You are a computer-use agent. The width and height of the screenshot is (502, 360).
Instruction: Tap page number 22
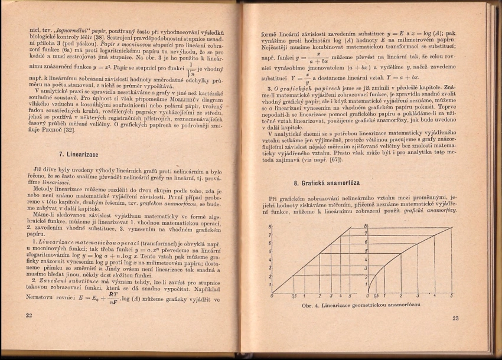(29, 316)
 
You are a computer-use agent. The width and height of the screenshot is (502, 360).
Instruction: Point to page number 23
(455, 319)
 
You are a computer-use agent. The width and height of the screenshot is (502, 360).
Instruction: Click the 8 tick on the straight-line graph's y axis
(269, 227)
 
